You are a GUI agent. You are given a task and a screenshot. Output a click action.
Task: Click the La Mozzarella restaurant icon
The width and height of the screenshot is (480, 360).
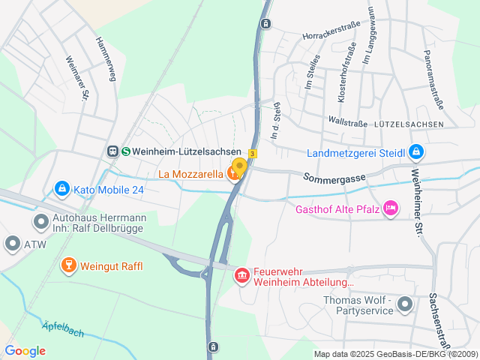232,175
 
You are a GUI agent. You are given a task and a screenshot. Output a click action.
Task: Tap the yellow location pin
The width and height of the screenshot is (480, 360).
239,167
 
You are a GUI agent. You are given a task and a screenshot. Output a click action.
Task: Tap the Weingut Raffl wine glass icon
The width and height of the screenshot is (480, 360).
68,265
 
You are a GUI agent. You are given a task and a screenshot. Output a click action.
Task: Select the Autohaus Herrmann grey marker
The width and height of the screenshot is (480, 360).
40,222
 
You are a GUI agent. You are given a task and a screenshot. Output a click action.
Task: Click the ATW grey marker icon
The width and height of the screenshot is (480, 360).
12,243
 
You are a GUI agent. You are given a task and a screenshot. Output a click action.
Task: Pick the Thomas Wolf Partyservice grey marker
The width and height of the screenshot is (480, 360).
405,304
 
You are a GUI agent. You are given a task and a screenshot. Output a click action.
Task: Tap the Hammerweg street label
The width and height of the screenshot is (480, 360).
104,56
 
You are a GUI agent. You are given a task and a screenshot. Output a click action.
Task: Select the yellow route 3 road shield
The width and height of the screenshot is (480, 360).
253,154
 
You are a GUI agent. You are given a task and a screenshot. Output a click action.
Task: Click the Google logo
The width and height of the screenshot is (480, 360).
25,351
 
